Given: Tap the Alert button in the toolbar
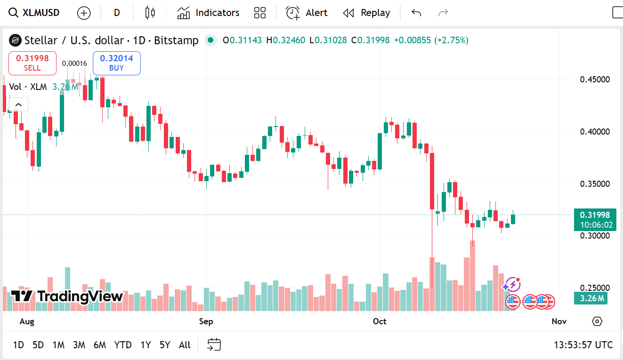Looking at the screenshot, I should point(307,13).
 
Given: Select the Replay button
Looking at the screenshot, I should point(366,13).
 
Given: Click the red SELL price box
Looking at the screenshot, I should point(32,63).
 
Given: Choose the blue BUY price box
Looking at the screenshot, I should point(116,63).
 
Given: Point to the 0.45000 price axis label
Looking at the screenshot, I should point(595,79).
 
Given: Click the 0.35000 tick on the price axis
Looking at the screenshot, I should point(595,184).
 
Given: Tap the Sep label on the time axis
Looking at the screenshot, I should point(206,321).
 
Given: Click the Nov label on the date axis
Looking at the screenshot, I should point(559,321).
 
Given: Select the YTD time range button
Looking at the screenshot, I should point(123,345).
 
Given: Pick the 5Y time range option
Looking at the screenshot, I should point(165,345).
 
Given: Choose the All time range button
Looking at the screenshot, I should point(185,345).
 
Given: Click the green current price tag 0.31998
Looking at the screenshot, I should point(595,215).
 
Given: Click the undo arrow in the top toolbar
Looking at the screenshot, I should point(416,13).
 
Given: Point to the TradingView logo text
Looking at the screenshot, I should point(67,296).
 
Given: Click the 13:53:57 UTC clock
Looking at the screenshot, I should point(583,345).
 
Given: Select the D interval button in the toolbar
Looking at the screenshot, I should point(117,13).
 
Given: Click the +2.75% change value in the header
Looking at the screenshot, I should point(451,40).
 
